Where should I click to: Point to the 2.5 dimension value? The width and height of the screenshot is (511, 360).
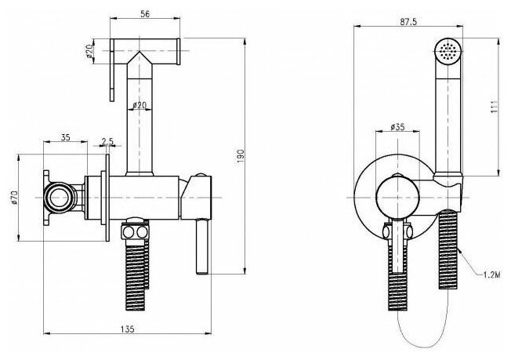click(x=106, y=142)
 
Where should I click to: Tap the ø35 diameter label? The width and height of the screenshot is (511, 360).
click(x=399, y=125)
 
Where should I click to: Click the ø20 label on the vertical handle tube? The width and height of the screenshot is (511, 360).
click(x=138, y=105)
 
